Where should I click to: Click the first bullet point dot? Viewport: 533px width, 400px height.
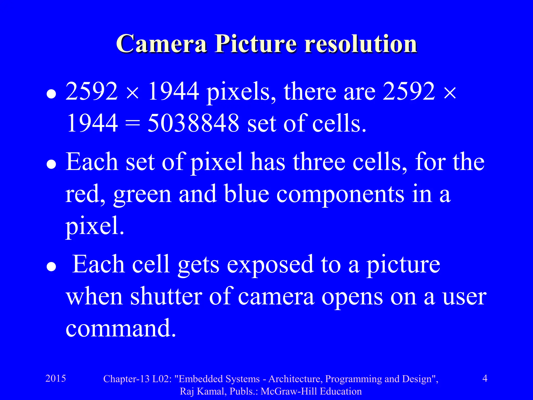tap(51, 94)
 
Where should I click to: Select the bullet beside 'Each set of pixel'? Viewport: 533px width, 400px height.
tap(51, 164)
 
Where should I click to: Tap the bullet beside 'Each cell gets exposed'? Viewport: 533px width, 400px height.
tap(51, 267)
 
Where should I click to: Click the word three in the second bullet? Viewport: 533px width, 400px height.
tap(319, 162)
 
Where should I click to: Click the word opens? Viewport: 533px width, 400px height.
tap(352, 297)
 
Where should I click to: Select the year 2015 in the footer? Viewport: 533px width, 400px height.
tap(56, 378)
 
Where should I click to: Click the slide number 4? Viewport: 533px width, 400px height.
tap(485, 378)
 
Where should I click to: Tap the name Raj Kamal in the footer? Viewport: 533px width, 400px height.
tap(202, 391)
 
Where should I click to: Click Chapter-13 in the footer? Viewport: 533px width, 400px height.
tap(126, 379)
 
